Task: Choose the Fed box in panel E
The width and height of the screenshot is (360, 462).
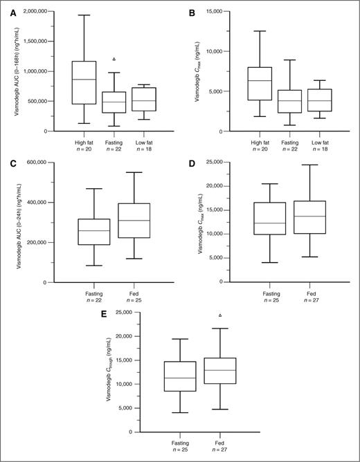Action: click(220, 371)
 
